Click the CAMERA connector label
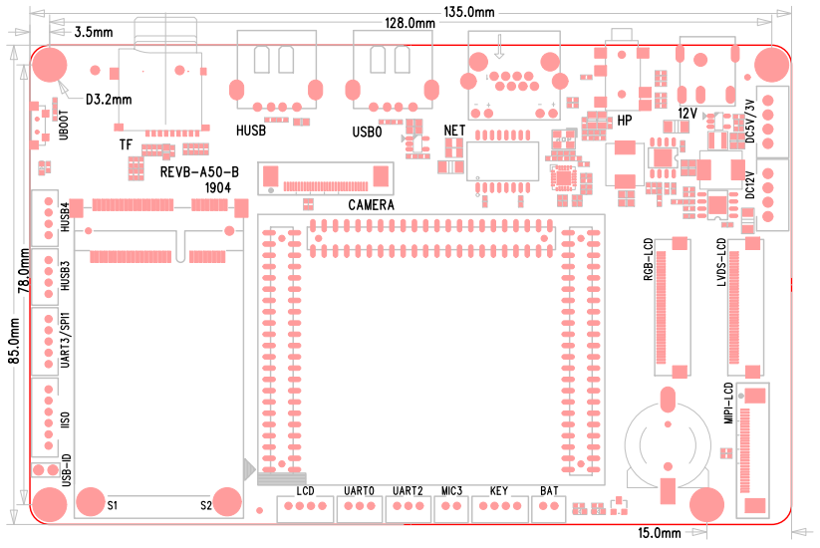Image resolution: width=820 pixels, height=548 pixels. (x=372, y=205)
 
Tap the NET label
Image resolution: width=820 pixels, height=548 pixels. (x=455, y=130)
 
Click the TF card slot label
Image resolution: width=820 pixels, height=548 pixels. (x=126, y=144)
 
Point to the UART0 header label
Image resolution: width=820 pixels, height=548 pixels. (x=358, y=491)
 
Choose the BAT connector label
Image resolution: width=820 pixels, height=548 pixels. (x=548, y=491)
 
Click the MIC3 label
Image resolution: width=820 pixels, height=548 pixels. (x=452, y=491)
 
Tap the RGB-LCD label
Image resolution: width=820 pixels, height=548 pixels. (x=648, y=261)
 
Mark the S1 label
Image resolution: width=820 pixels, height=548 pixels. (x=113, y=505)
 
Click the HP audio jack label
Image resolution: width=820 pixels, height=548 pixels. (x=625, y=120)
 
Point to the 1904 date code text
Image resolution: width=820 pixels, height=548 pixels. (x=219, y=187)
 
